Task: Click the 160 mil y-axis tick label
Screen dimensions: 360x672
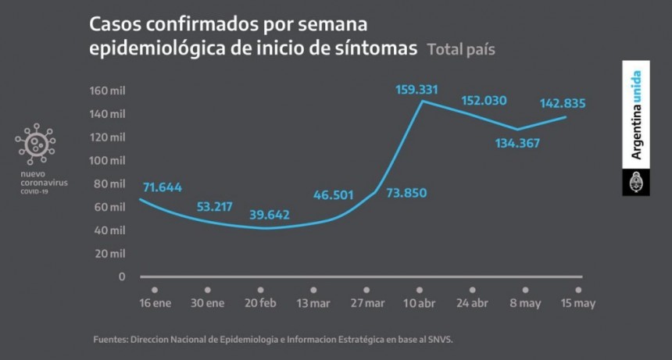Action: point(107,91)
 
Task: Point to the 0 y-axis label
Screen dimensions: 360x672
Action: point(121,276)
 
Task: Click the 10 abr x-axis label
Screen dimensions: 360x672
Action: point(420,305)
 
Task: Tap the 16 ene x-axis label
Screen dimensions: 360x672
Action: point(155,305)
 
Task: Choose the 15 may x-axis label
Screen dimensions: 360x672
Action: point(578,305)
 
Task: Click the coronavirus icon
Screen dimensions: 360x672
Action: point(35,143)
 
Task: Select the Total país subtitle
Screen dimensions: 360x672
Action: point(461,49)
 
